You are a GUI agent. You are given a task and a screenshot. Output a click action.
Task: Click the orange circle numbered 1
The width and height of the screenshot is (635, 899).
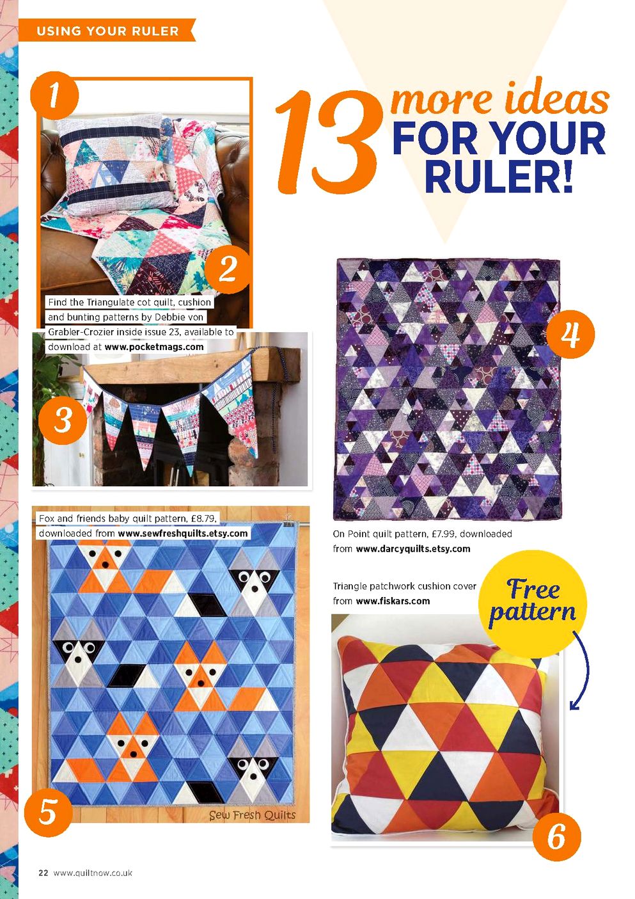(54, 95)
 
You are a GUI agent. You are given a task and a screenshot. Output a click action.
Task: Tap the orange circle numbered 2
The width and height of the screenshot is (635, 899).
(228, 269)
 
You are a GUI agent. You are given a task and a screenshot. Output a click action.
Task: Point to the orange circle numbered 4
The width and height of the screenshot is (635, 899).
(570, 334)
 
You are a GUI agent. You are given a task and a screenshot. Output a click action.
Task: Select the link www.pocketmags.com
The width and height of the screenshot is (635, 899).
(154, 347)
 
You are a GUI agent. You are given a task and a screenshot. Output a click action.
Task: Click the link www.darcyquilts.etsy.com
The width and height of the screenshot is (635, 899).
(413, 548)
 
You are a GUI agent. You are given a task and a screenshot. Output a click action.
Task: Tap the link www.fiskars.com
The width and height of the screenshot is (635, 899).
(393, 601)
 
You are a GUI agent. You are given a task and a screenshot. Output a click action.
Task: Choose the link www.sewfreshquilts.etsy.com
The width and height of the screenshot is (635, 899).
(183, 534)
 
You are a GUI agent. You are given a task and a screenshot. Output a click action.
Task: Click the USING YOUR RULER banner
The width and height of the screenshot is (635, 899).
(107, 31)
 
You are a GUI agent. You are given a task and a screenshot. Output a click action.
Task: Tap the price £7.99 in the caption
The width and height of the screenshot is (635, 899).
(443, 534)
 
